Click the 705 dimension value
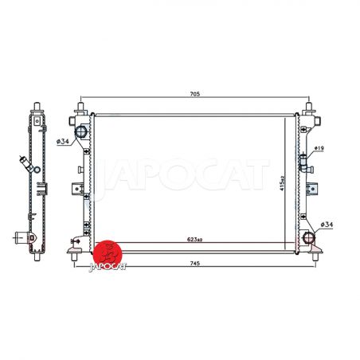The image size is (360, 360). pos(194,94)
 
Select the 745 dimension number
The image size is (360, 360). pos(195,264)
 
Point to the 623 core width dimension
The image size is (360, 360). pos(194,240)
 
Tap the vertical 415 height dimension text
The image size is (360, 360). pos(282,183)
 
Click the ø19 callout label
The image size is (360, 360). pos(319,148)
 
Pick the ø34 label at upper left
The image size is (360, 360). pos(63,142)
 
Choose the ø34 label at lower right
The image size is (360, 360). pos(327,225)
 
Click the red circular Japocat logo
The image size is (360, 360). pos(107,254)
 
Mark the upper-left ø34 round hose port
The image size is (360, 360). pos(80,131)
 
